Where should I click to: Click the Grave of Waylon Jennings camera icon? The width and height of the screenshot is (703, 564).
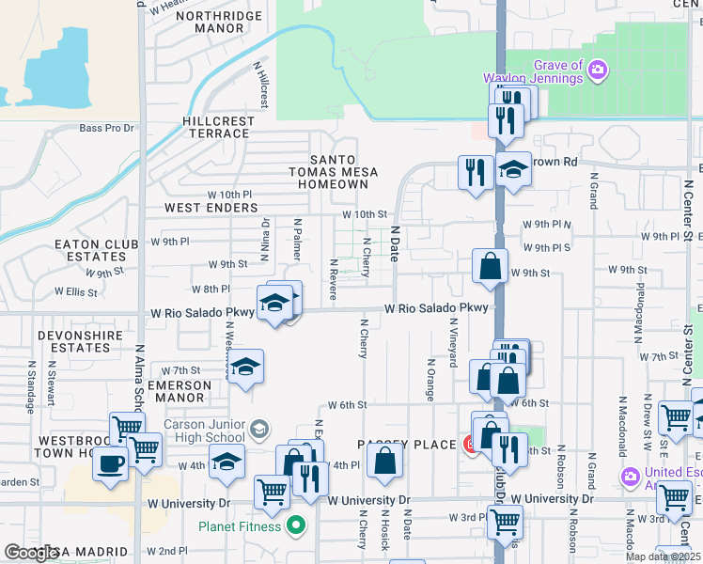pyautogui.click(x=597, y=70)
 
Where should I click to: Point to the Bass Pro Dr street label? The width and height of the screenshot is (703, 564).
pyautogui.click(x=107, y=129)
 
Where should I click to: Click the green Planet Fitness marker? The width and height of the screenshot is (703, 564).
pyautogui.click(x=296, y=525)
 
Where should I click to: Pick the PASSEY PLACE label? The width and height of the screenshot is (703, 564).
pyautogui.click(x=405, y=444)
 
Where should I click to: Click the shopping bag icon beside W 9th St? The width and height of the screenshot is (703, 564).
pyautogui.click(x=491, y=266)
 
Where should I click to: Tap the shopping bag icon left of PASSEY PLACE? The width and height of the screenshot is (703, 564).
pyautogui.click(x=384, y=461)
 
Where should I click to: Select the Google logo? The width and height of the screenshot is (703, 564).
pyautogui.click(x=31, y=553)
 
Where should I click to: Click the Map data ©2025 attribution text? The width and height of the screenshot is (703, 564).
pyautogui.click(x=662, y=556)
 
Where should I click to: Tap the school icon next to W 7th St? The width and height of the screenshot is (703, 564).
pyautogui.click(x=245, y=367)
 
